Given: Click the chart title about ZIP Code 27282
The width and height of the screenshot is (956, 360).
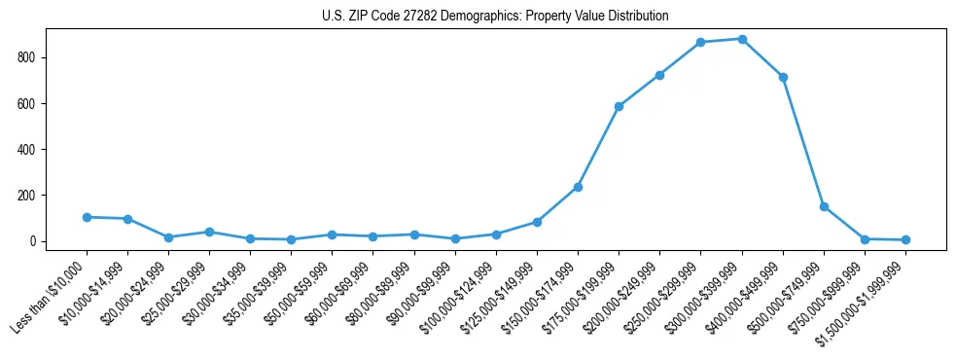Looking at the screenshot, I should pyautogui.click(x=495, y=17).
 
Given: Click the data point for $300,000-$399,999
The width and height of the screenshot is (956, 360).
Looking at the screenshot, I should pyautogui.click(x=742, y=39).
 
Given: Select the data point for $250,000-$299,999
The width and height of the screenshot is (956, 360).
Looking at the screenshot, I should pyautogui.click(x=701, y=43).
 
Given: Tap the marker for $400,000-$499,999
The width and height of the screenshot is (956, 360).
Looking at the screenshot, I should pyautogui.click(x=783, y=77).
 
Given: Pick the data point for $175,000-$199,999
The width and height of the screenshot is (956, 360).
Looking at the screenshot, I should pyautogui.click(x=619, y=106).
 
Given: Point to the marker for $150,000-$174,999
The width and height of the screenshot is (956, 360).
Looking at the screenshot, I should pyautogui.click(x=578, y=187).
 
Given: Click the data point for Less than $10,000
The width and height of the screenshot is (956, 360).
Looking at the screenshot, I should pyautogui.click(x=87, y=217).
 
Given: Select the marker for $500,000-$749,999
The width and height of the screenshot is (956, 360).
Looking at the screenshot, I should pyautogui.click(x=824, y=206).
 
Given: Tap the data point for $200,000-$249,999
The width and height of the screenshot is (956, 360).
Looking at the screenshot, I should pyautogui.click(x=659, y=75).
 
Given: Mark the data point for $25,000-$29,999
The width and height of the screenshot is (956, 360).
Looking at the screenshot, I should pyautogui.click(x=209, y=232).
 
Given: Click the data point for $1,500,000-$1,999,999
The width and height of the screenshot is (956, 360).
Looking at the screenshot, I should pyautogui.click(x=905, y=239).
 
